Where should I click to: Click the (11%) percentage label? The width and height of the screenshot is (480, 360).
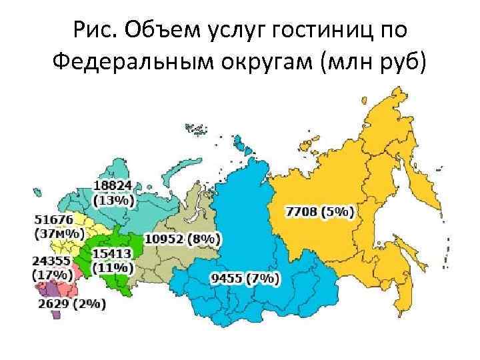[x=113, y=267]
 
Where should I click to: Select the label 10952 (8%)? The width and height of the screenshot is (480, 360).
[x=183, y=239]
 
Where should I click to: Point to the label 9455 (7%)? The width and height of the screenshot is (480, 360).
[x=244, y=278]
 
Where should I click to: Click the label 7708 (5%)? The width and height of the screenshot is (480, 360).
[x=320, y=211]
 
